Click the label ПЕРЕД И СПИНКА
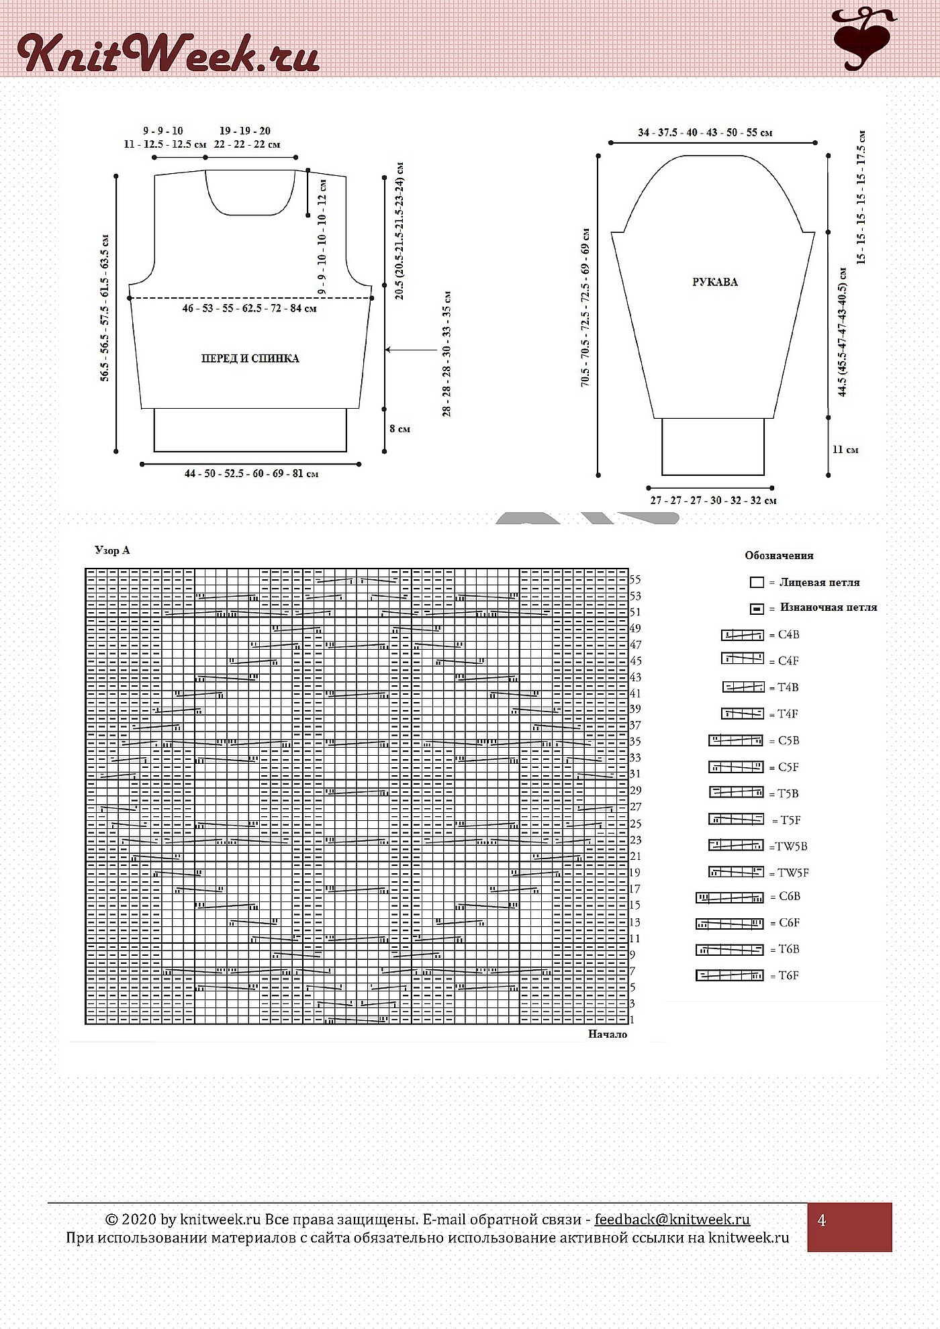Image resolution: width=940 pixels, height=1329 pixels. click(x=250, y=358)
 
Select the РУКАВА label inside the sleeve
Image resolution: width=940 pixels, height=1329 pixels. click(x=715, y=282)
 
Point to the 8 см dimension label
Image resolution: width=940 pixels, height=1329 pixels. click(x=399, y=429)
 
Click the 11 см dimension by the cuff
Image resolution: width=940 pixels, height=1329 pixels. click(x=845, y=450)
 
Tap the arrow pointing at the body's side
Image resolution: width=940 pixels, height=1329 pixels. click(x=412, y=350)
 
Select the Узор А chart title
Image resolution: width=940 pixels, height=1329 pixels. click(x=112, y=550)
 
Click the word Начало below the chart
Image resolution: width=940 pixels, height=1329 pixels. click(x=608, y=1034)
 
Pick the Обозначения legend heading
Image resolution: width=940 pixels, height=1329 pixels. click(x=779, y=556)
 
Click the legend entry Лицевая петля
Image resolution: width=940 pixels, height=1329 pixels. click(x=819, y=583)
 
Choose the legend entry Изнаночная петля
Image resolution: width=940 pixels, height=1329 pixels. click(x=829, y=607)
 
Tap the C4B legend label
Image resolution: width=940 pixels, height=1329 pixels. click(x=788, y=635)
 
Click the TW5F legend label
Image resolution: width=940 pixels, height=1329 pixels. click(x=793, y=873)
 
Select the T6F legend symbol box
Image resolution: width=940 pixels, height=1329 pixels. click(x=730, y=976)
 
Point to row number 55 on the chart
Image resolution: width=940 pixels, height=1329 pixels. click(x=635, y=580)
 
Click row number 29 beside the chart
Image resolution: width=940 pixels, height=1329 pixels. click(x=635, y=791)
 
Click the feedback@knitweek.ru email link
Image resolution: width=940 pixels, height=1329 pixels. click(x=672, y=1220)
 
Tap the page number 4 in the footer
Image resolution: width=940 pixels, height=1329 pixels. click(x=822, y=1221)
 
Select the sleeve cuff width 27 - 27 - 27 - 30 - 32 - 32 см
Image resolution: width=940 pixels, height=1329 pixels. click(x=713, y=501)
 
